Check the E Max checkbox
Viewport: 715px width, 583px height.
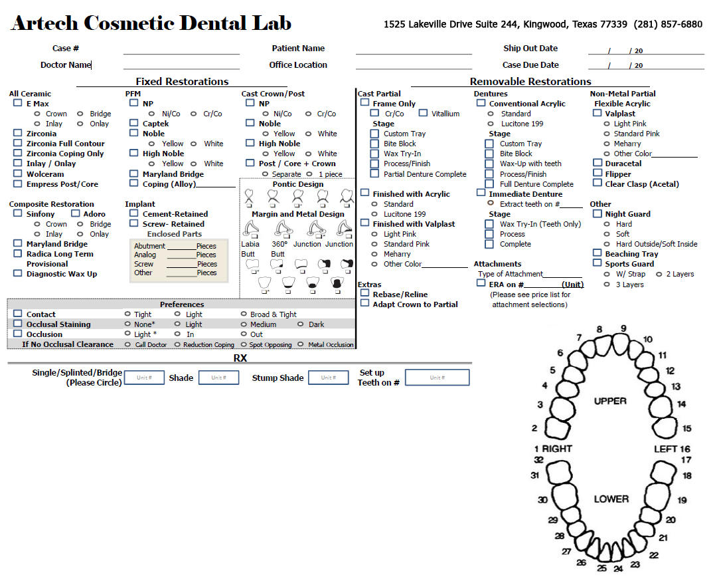click(18, 104)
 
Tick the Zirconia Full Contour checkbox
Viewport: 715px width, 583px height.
click(18, 144)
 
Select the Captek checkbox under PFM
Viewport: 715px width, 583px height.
click(134, 123)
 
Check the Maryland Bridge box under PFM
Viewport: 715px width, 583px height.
click(134, 174)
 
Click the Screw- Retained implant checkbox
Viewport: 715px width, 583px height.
click(134, 224)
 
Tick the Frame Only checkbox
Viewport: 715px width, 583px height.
click(365, 103)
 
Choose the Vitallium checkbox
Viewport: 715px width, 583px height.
click(423, 113)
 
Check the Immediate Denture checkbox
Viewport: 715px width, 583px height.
click(481, 193)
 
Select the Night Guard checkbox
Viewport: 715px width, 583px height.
click(597, 214)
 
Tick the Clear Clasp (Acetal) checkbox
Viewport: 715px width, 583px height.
click(597, 183)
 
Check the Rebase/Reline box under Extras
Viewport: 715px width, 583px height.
click(365, 294)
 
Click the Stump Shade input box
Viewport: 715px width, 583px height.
click(328, 378)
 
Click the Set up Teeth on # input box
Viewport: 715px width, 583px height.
click(437, 378)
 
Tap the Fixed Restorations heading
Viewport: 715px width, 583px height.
click(182, 82)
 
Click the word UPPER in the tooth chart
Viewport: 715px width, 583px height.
click(610, 401)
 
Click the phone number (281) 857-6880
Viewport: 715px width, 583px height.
click(668, 25)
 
